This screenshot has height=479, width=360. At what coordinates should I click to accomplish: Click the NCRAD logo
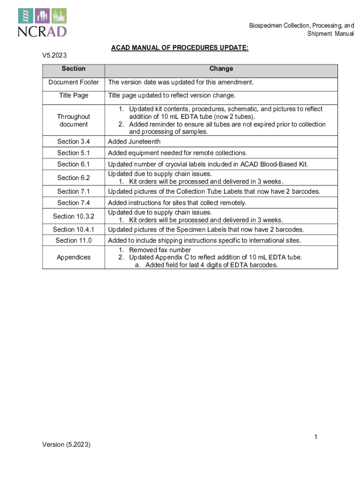(x=43, y=22)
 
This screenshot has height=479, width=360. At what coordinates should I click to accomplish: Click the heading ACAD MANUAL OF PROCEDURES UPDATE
(x=180, y=48)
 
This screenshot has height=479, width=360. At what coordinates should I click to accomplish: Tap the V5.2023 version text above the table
(x=52, y=56)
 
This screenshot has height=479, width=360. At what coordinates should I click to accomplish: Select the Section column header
(x=73, y=69)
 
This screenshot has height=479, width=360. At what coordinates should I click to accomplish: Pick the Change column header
(x=221, y=69)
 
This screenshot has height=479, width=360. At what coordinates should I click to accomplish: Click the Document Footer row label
(x=73, y=82)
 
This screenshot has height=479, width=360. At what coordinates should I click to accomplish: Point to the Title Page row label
(x=73, y=95)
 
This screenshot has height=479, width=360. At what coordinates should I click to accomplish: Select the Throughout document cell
(x=73, y=120)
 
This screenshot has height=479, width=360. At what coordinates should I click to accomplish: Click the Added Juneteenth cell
(x=134, y=142)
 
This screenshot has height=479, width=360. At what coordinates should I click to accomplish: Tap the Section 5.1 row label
(x=73, y=153)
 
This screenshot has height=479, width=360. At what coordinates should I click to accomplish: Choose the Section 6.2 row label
(x=73, y=178)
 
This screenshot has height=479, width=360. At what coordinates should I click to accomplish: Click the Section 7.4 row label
(x=73, y=203)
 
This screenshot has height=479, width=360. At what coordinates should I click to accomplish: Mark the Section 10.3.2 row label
(x=73, y=216)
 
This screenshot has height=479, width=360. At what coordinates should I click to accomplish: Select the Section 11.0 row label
(x=73, y=240)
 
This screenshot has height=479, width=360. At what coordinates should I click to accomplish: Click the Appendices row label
(x=73, y=257)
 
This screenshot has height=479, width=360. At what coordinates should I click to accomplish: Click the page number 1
(x=316, y=437)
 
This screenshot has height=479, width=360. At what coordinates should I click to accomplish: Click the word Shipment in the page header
(x=319, y=34)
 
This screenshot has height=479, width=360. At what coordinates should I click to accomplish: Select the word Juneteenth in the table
(x=144, y=142)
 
